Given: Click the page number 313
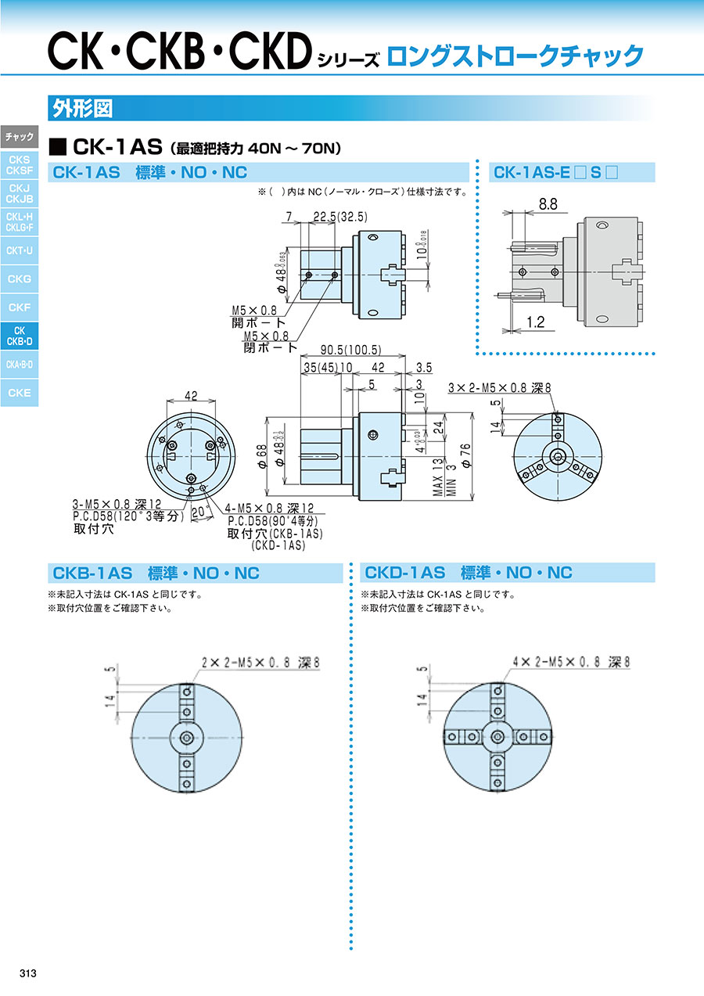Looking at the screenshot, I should pos(27,973).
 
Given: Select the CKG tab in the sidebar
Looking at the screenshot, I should pos(20,279).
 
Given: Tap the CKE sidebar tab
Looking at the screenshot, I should pos(20,393).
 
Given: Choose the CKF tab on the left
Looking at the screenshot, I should pos(20,307).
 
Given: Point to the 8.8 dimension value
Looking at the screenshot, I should pos(548,205).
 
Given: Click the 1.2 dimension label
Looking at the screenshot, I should pos(535,321).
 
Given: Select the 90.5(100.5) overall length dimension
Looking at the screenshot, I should pos(350,350).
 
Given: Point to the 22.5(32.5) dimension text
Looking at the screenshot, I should pos(340,217).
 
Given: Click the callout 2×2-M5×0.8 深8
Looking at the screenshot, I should pos(260,662).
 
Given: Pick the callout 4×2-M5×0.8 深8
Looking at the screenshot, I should pos(571,662).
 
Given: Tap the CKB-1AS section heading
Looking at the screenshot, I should pos(153,573).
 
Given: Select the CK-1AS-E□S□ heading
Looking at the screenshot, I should pos(556,172).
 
